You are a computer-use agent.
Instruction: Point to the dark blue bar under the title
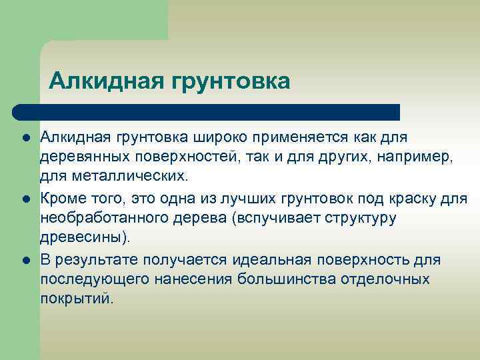pos(207,111)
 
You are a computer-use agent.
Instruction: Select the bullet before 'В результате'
pos(25,259)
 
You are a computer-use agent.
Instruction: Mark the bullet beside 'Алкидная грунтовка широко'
pos(25,137)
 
